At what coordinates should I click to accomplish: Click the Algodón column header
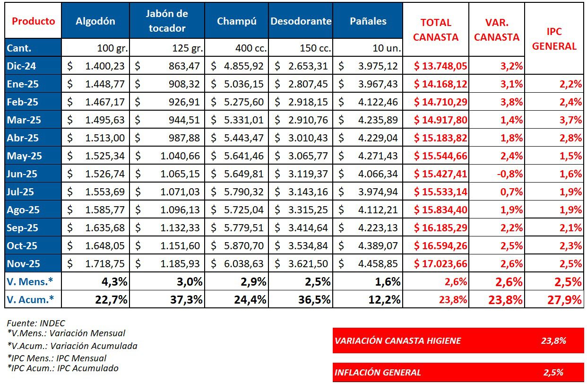click(95, 21)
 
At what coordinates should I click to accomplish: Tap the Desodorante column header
click(301, 21)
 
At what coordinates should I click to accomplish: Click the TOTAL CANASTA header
click(436, 30)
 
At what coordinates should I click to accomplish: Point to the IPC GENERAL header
click(561, 39)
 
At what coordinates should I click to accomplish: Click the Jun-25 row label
click(22, 174)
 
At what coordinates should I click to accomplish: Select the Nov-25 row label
click(24, 263)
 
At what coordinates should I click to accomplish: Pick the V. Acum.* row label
click(30, 299)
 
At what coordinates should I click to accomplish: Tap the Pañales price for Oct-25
click(378, 246)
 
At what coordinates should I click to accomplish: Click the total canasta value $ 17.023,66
click(440, 263)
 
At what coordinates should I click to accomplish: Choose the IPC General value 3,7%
click(571, 120)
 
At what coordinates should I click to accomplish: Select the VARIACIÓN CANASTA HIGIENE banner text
click(397, 340)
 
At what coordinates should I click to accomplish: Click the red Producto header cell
click(33, 21)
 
